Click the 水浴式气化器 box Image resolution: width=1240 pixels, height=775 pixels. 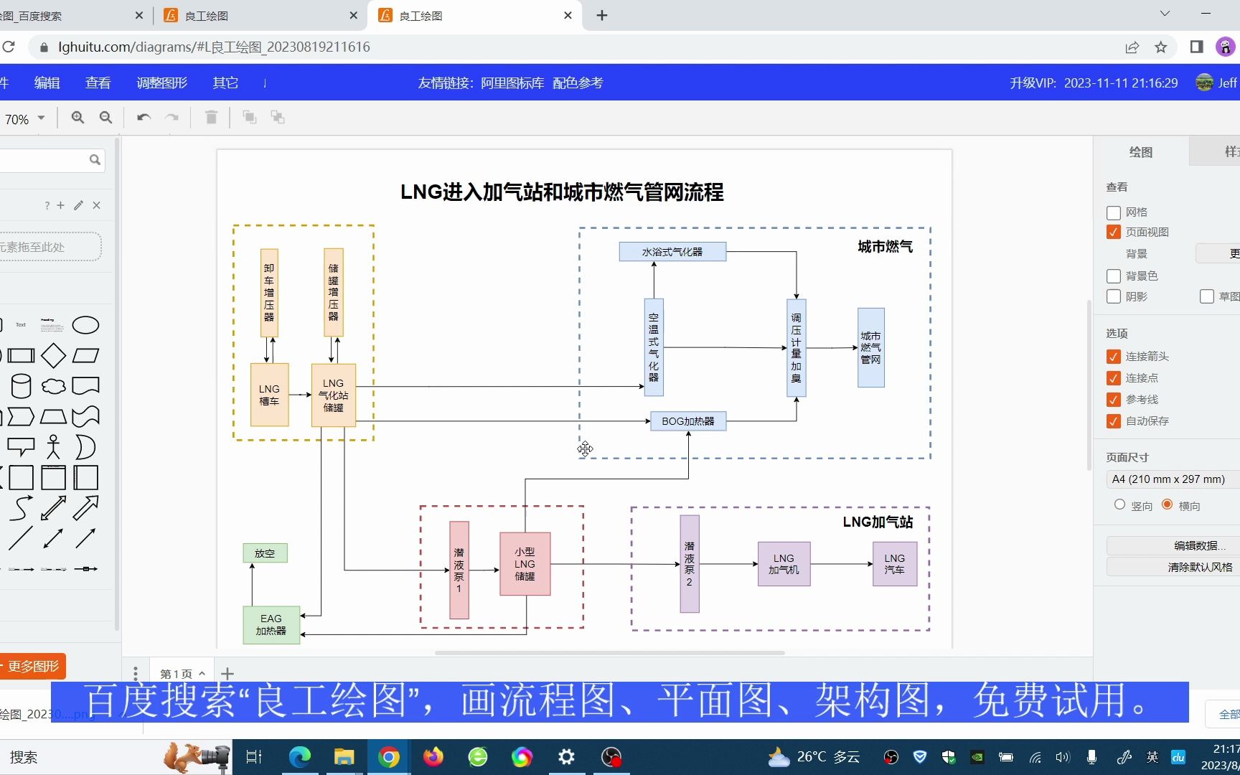pos(672,252)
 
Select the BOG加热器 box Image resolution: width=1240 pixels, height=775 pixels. pos(687,421)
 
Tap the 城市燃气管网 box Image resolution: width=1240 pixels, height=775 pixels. pos(870,348)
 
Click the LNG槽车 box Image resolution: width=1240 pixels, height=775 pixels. pos(269,395)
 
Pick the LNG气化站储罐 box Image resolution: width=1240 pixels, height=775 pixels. pos(333,395)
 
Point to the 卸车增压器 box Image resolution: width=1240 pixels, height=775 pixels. pos(269,293)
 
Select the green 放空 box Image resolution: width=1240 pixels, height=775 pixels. pos(265,553)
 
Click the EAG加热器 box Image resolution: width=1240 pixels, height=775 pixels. pos(271,625)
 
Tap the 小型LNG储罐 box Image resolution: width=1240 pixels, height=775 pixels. pos(525,564)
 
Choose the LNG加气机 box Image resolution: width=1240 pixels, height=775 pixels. pos(784,564)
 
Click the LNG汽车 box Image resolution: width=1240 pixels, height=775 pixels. pos(894,564)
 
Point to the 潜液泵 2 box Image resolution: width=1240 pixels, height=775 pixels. pos(689,564)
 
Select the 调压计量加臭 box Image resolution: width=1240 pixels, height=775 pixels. pos(796,348)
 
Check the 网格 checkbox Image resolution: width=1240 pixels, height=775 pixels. pos(1114,212)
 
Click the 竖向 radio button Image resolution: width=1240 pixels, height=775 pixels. pos(1119,504)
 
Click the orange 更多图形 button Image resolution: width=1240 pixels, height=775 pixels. pos(33,667)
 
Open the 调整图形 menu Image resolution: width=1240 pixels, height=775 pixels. pos(161,83)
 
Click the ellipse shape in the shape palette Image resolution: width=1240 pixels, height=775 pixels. pos(85,325)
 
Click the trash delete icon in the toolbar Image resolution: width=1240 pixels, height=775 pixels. pos(211,117)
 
